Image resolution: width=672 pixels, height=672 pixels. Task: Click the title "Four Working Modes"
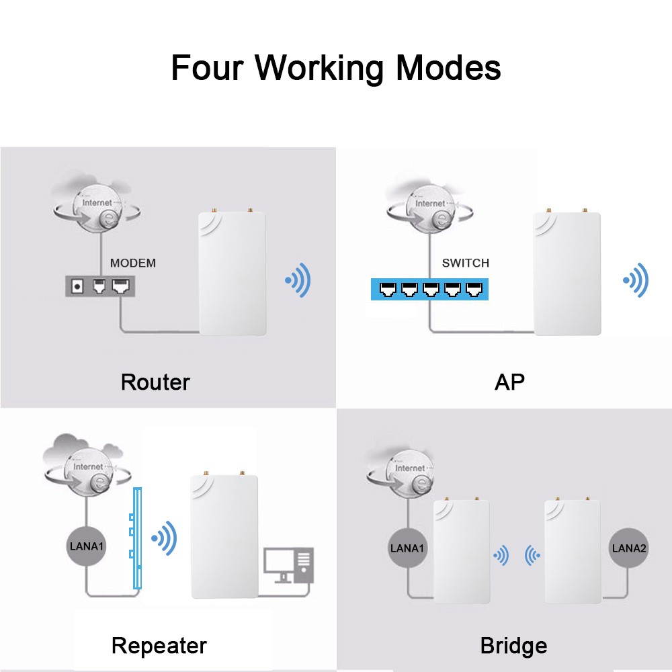[x=335, y=68]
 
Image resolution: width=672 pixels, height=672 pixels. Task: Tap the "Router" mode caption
[x=155, y=382]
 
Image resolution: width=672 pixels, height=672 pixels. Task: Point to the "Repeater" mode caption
[x=159, y=646]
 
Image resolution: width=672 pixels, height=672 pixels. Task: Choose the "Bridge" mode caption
[x=513, y=646]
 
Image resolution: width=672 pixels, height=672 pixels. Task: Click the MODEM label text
[x=132, y=263]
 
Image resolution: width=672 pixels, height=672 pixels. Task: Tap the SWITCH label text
[x=465, y=263]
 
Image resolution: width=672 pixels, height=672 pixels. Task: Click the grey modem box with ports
[x=99, y=287]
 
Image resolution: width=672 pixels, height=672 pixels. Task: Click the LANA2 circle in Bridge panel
[x=629, y=548]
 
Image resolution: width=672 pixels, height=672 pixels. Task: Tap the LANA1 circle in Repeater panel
[x=87, y=545]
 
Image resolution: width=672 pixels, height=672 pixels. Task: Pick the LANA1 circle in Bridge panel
[x=407, y=548]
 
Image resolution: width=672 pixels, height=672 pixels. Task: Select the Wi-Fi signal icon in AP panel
[x=636, y=280]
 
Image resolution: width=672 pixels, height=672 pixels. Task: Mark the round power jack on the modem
[x=78, y=287]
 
